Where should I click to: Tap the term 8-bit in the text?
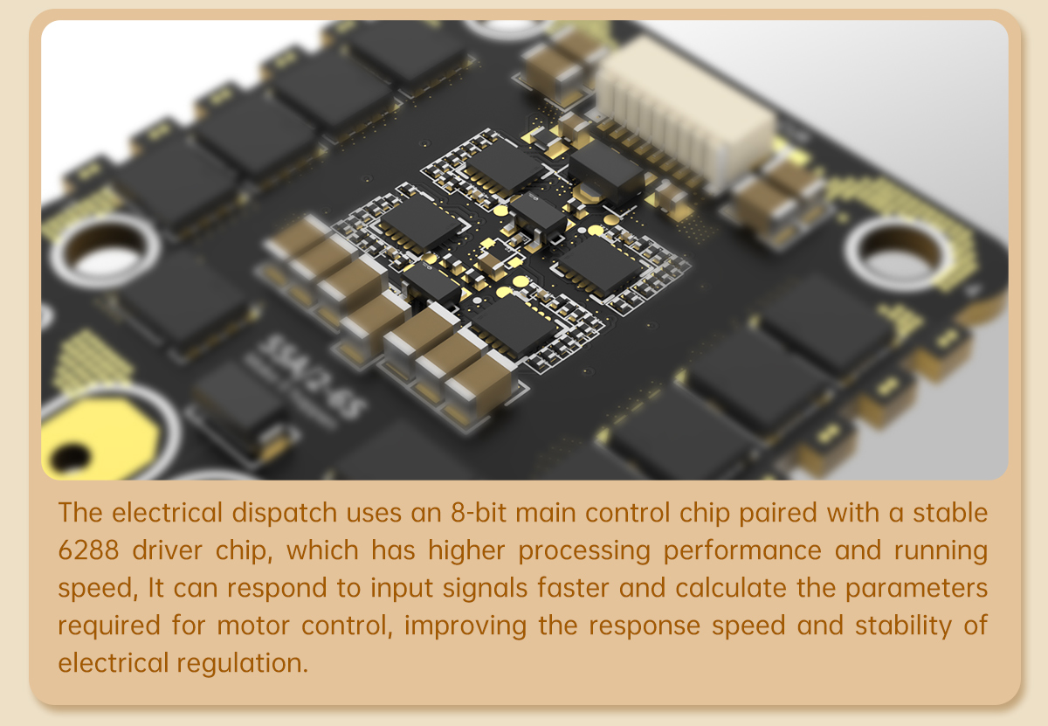pyautogui.click(x=472, y=513)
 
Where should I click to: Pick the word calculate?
pyautogui.click(x=738, y=588)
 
